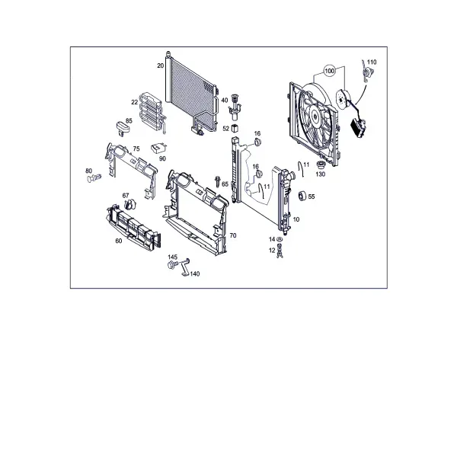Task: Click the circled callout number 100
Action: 329,71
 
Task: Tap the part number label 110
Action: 372,62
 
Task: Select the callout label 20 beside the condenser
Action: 160,66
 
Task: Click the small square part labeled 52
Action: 235,128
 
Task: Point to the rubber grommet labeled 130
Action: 321,165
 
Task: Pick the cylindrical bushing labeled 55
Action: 302,197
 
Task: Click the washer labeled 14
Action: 280,239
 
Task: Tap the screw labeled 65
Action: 217,181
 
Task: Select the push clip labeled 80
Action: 94,177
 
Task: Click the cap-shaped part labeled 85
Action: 123,128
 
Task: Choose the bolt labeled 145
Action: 171,264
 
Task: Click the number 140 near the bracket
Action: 195,274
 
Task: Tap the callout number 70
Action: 233,235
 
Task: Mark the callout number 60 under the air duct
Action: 119,241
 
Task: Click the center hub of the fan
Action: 315,116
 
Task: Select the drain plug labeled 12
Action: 280,251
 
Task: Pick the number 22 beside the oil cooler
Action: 134,102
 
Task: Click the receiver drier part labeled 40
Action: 235,107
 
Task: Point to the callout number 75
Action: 136,149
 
